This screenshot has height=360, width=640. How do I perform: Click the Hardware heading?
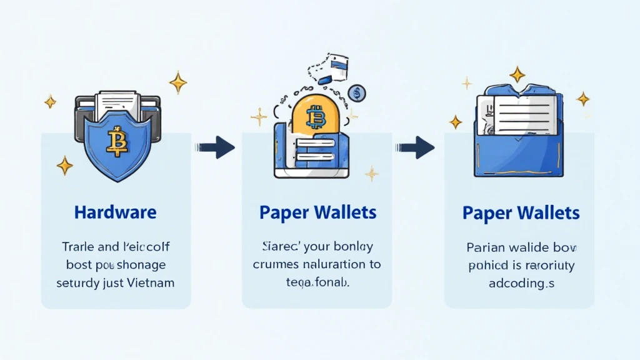(115, 212)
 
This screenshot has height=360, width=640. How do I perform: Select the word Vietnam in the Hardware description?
(151, 282)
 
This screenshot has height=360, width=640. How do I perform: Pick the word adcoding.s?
(521, 283)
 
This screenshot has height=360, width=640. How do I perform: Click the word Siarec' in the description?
(277, 246)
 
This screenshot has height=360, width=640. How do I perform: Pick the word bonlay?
(352, 246)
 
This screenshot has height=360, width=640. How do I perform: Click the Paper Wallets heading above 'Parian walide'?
(521, 212)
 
